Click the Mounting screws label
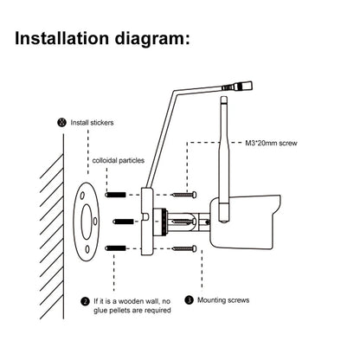(224, 299)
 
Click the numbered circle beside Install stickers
(61, 122)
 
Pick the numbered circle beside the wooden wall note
(85, 300)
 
